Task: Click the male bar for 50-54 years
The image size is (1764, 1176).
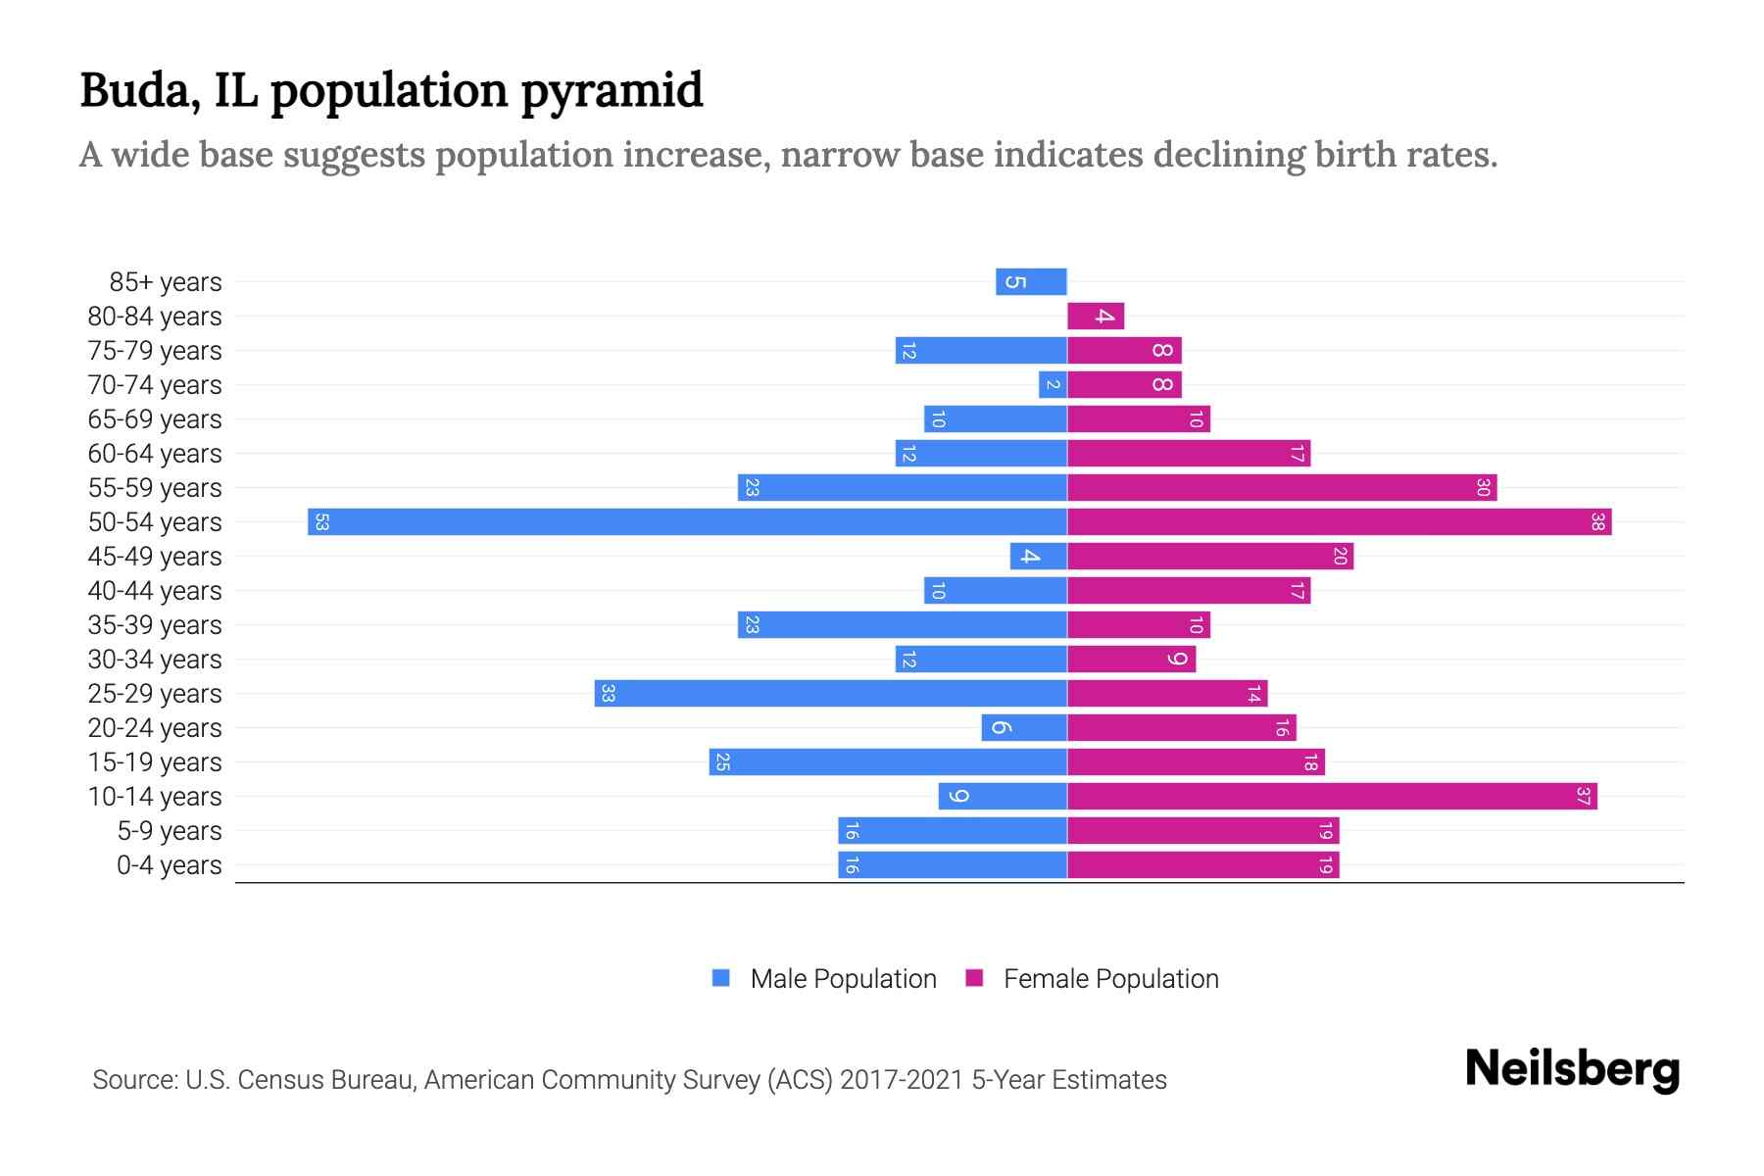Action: coord(686,521)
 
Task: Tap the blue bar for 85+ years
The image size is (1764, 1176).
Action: coord(1031,281)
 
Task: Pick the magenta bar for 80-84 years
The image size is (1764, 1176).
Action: coord(1096,316)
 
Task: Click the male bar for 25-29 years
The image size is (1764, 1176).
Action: coord(830,693)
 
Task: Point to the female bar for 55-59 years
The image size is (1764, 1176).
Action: coord(1281,487)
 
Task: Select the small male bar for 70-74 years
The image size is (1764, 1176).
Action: coord(1053,384)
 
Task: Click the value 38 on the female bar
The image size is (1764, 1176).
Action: coord(1597,521)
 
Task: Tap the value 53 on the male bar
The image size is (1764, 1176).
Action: coord(321,521)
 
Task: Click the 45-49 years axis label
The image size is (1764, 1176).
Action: coord(155,556)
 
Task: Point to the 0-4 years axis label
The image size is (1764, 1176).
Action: coord(169,864)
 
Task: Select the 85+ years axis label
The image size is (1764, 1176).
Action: coord(166,281)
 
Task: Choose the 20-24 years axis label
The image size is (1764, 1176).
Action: coord(155,727)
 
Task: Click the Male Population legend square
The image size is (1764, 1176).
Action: coord(721,978)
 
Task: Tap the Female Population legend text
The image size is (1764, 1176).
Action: coord(1110,978)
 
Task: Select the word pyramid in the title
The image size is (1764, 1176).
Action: coord(612,90)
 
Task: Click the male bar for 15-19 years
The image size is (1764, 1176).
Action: coord(887,761)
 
